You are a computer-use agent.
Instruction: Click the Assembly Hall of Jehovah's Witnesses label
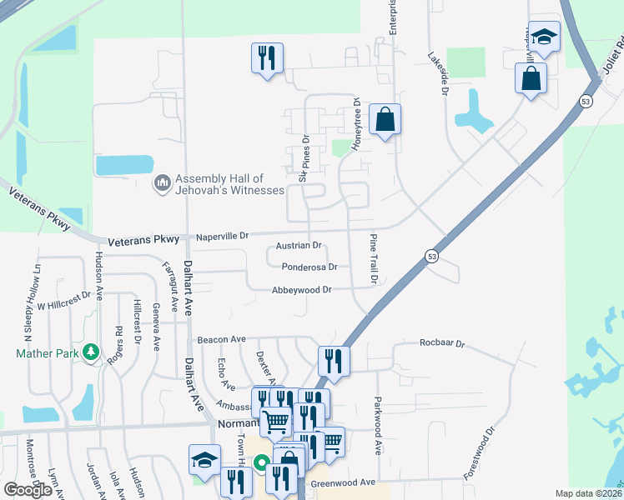(218, 185)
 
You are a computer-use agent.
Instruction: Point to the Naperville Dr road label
(222, 237)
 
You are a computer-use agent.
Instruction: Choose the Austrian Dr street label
(299, 246)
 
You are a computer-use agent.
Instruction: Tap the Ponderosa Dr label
(309, 267)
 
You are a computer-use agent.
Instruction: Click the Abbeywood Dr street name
(302, 290)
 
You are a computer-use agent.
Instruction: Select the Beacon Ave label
(222, 340)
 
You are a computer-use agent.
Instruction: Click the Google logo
(28, 490)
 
